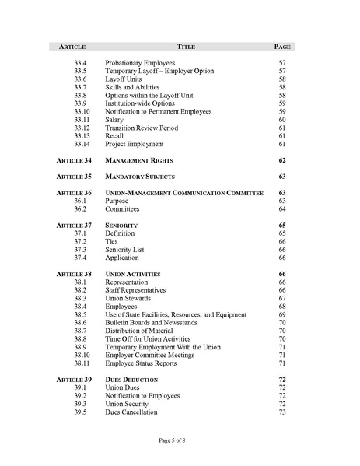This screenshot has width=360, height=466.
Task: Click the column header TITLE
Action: [186, 47]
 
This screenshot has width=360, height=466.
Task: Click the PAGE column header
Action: [282, 47]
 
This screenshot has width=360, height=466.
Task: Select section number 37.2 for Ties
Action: [80, 241]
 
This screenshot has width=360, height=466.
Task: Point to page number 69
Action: [282, 314]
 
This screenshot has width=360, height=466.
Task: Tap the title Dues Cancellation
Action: [131, 412]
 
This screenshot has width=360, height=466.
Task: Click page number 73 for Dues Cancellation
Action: [282, 412]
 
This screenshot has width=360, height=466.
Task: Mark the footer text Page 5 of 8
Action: [177, 441]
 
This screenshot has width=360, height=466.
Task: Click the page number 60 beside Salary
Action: [282, 120]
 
